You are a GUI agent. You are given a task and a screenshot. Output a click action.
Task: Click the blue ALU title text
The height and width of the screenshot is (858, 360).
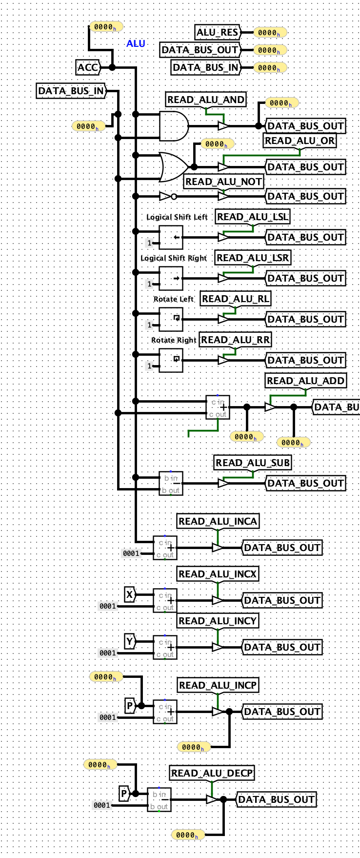pyautogui.click(x=136, y=43)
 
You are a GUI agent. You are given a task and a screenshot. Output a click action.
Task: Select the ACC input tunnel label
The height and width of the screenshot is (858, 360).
pyautogui.click(x=88, y=67)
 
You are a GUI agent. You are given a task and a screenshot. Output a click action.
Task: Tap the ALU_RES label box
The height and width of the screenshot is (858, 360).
pyautogui.click(x=218, y=32)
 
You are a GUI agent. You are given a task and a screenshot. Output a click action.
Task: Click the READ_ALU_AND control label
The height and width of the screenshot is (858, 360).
pyautogui.click(x=206, y=100)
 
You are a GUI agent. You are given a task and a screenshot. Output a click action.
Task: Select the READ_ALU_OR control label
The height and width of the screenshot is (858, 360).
pyautogui.click(x=300, y=141)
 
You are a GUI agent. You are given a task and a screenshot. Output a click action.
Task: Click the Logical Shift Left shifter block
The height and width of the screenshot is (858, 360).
pyautogui.click(x=171, y=237)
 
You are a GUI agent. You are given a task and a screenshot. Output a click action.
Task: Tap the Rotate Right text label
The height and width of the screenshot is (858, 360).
pyautogui.click(x=174, y=340)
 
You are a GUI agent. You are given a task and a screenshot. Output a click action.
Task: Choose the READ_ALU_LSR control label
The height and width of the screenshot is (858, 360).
pyautogui.click(x=253, y=258)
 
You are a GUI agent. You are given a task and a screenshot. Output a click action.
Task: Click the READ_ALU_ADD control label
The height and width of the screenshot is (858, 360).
pyautogui.click(x=306, y=381)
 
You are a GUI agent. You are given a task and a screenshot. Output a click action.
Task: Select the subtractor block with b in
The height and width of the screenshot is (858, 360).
pyautogui.click(x=171, y=483)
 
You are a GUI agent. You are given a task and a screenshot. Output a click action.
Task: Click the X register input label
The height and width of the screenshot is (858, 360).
pyautogui.click(x=130, y=594)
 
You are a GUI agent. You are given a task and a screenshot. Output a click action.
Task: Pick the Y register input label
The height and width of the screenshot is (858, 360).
pyautogui.click(x=130, y=641)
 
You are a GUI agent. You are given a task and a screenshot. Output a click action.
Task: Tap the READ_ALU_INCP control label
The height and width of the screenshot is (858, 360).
pyautogui.click(x=218, y=685)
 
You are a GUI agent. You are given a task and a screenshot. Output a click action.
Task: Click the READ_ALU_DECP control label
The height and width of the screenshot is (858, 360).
pyautogui.click(x=212, y=773)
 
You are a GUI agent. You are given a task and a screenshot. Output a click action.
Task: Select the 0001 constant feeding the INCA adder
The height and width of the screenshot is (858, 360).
pyautogui.click(x=131, y=553)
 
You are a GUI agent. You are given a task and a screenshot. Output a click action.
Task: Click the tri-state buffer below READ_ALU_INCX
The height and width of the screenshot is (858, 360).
pyautogui.click(x=218, y=600)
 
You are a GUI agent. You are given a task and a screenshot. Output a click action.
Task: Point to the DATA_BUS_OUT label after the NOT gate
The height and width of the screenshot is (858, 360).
pyautogui.click(x=306, y=196)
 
